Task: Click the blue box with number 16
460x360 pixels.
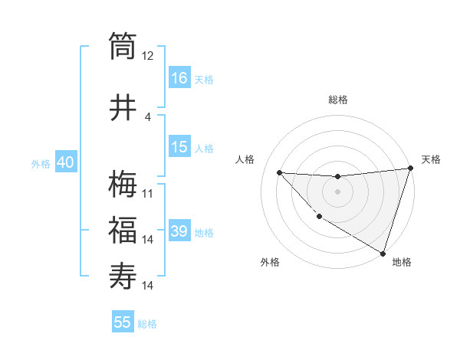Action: (x=179, y=77)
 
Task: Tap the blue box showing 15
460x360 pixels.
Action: (x=179, y=147)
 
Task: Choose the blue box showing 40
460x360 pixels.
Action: (x=65, y=162)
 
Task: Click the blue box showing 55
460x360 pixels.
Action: (x=123, y=322)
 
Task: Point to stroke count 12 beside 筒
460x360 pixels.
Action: (x=148, y=56)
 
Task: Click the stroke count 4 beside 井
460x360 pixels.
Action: (x=148, y=116)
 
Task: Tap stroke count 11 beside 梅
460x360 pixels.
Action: (x=148, y=194)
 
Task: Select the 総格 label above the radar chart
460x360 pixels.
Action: (x=337, y=100)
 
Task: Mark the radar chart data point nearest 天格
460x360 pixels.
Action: (x=410, y=169)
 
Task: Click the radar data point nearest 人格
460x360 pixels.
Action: (x=280, y=172)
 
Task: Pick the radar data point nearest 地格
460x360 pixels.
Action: (x=383, y=252)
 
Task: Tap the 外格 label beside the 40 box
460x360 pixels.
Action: (x=40, y=163)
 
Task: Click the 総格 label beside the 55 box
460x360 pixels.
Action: (x=147, y=324)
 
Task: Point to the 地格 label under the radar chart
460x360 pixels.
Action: (x=402, y=263)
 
